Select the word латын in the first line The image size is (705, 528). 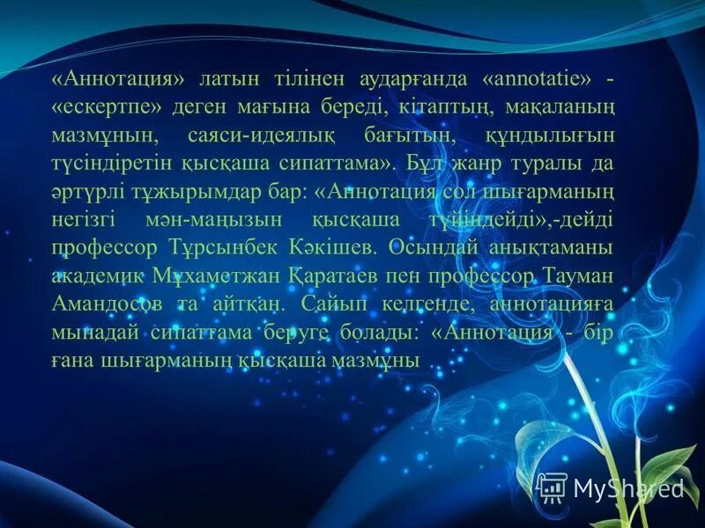232,78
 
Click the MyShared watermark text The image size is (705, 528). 628,488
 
